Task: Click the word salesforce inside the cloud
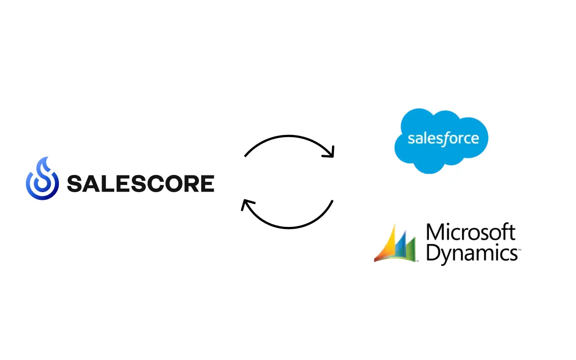tap(443, 138)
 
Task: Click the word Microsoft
tap(470, 233)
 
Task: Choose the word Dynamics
tap(471, 253)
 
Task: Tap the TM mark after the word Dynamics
tap(519, 249)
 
